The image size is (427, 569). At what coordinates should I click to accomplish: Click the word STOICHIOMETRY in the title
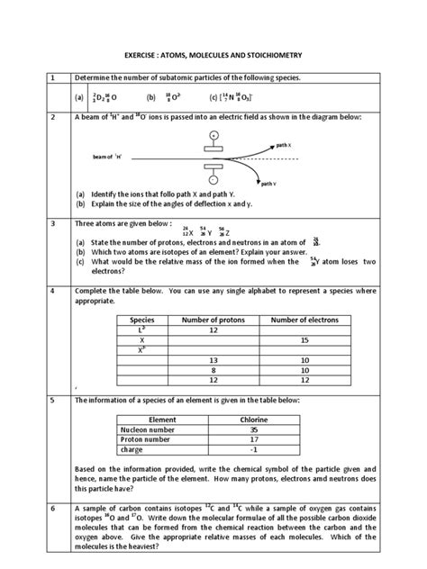point(283,57)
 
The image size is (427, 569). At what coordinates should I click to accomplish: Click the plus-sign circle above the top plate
point(213,135)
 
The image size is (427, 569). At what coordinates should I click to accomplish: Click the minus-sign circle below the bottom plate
point(213,178)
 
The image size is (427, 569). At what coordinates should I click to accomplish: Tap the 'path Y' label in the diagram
point(268,183)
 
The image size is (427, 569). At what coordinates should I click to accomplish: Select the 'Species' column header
point(143,321)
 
